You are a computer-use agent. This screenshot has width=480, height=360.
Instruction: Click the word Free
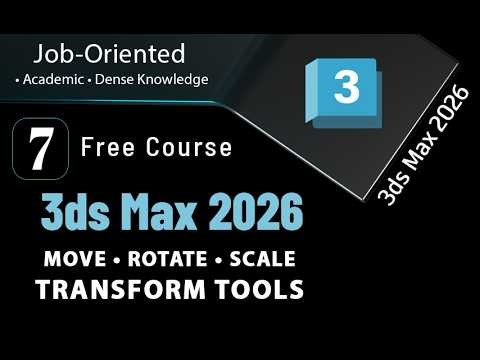(x=107, y=148)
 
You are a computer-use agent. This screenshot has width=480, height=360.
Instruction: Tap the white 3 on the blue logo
(x=346, y=88)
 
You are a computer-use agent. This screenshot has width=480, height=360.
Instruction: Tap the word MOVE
(x=77, y=258)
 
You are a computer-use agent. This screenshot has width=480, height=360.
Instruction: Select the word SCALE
(x=261, y=258)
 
